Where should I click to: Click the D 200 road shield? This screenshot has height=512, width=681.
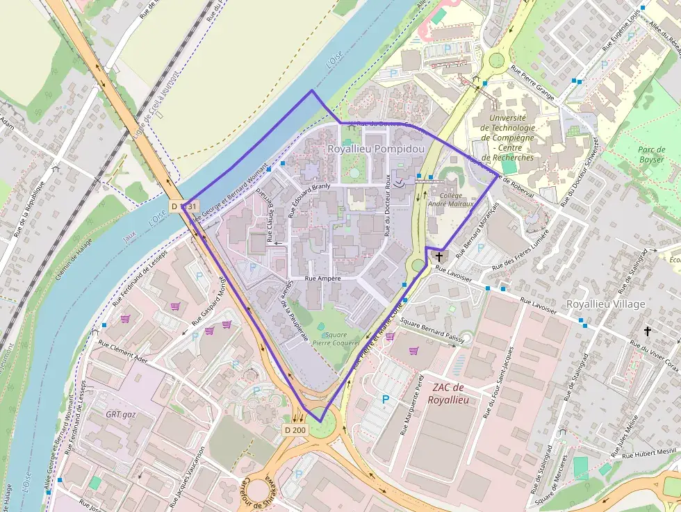(295, 430)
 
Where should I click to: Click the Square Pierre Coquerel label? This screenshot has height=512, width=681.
(336, 338)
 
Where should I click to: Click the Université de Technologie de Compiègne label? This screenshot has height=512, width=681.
(511, 138)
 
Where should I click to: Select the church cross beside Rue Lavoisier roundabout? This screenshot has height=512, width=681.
(438, 256)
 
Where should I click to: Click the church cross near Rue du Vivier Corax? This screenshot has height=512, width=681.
(647, 331)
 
